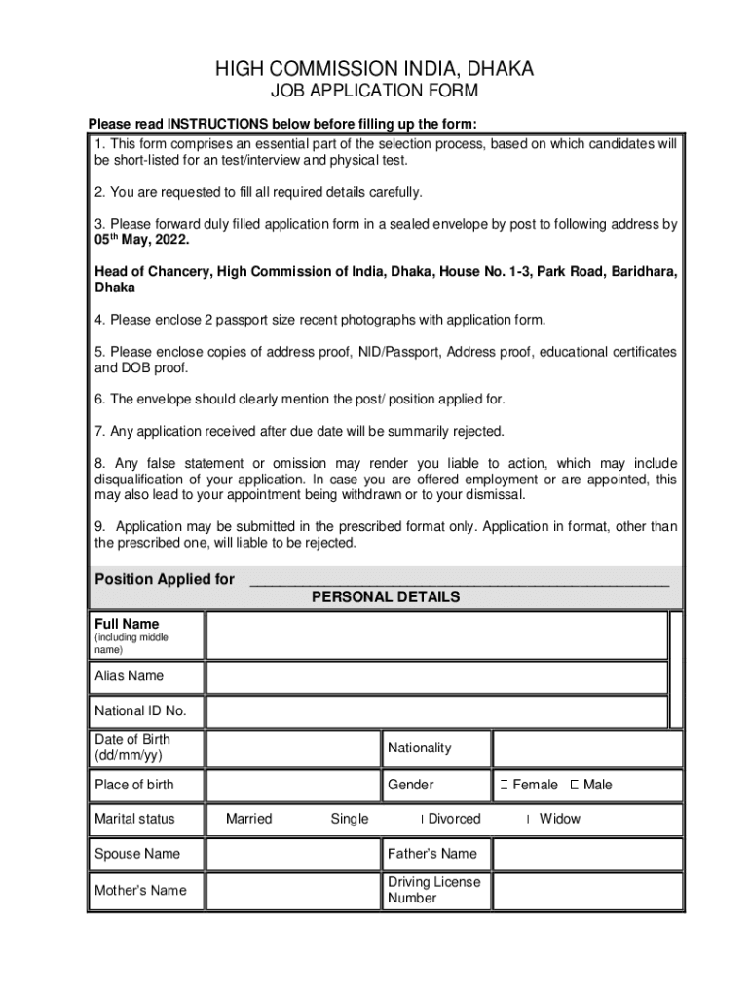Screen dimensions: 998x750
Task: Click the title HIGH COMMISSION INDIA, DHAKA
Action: click(x=374, y=69)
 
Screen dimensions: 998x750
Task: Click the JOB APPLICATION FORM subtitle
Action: click(x=374, y=92)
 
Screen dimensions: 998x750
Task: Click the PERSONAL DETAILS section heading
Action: click(x=386, y=596)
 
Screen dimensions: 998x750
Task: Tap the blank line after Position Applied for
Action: click(x=459, y=580)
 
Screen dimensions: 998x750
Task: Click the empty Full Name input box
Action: click(x=435, y=635)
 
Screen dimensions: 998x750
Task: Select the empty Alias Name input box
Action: click(x=435, y=676)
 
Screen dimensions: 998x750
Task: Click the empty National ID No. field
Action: click(x=435, y=711)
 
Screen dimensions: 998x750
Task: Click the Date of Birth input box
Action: click(x=292, y=748)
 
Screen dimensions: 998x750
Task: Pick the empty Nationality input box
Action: click(x=586, y=748)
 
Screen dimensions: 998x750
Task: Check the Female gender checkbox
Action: click(x=505, y=785)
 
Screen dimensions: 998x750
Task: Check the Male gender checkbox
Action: click(x=575, y=785)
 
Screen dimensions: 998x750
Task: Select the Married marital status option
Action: click(x=248, y=819)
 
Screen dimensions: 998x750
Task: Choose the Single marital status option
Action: click(x=349, y=819)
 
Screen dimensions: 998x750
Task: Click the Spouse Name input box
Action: click(x=292, y=854)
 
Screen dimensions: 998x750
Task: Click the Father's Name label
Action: click(x=431, y=854)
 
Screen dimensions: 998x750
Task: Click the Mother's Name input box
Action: click(x=292, y=890)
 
